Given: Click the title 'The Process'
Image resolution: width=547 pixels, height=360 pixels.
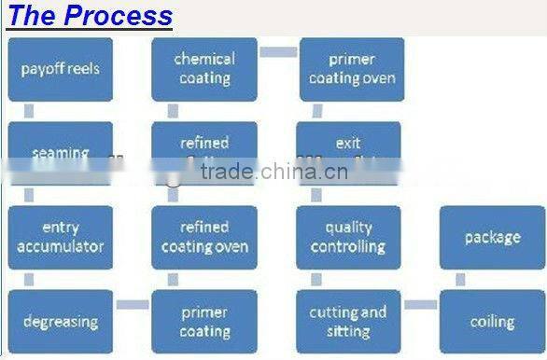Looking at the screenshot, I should (91, 16).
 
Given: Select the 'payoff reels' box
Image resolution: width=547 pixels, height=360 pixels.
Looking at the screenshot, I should (61, 69).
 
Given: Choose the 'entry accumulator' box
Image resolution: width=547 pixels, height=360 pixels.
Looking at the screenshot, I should (61, 238).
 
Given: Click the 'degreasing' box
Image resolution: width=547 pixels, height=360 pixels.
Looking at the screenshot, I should (61, 322).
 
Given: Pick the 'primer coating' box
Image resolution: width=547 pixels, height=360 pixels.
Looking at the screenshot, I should (204, 322).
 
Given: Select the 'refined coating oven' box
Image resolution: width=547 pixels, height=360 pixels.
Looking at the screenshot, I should (204, 238).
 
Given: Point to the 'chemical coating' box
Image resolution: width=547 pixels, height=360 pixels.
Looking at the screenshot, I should (204, 69).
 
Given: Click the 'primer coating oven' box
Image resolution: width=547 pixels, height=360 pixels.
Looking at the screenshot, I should (351, 69).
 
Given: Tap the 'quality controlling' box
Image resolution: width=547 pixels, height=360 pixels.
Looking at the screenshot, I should (348, 238).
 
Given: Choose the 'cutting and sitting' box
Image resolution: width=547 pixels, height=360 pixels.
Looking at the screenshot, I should (348, 322).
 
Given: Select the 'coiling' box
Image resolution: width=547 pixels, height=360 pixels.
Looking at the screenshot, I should (492, 322).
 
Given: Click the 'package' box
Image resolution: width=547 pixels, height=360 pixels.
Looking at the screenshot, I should (492, 238).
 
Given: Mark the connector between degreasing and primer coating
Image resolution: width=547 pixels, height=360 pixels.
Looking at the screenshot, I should (133, 304).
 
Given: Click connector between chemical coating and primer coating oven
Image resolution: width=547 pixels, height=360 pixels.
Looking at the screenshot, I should (277, 51).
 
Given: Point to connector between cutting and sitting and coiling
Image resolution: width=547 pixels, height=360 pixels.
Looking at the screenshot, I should (420, 304).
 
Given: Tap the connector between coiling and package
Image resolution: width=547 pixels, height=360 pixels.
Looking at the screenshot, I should (460, 279).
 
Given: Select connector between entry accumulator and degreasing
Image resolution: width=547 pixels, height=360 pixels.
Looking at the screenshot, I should (29, 279).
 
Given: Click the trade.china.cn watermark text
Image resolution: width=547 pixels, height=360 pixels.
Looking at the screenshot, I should (277, 172).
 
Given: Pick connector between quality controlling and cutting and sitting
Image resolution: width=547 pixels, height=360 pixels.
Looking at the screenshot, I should (316, 279).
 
